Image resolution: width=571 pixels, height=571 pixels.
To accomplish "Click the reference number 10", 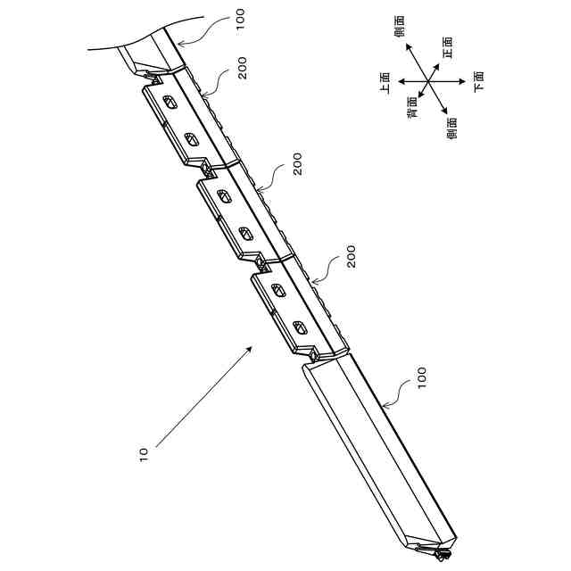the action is pos(144,455).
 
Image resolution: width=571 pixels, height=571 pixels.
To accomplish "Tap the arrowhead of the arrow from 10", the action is pos(249,349).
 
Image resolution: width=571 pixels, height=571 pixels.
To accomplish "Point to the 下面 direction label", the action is pos(479,81).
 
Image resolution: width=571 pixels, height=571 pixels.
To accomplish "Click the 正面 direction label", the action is pos(447,47).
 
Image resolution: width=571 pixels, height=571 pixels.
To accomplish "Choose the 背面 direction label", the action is pos(412,107).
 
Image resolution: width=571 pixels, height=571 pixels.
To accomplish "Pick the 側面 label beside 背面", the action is pos(451,128).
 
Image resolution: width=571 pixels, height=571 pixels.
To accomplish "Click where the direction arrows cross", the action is pos(428,81).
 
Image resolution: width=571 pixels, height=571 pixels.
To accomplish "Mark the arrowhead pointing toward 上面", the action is pos(401,81).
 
